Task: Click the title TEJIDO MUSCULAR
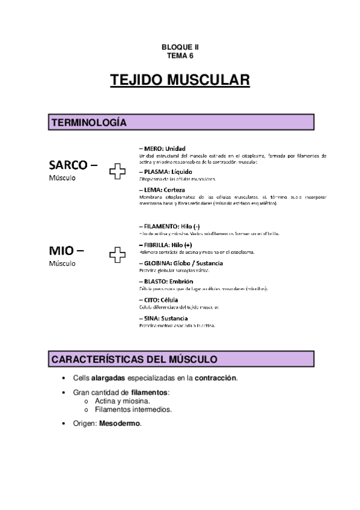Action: click(180, 81)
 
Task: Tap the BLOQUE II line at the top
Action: click(180, 46)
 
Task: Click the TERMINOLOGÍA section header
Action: click(89, 123)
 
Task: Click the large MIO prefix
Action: click(67, 250)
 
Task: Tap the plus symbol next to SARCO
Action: click(117, 172)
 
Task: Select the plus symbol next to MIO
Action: click(117, 257)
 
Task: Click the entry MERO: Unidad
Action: click(162, 149)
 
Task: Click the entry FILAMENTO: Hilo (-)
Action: click(171, 226)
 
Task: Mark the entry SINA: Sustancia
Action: click(163, 318)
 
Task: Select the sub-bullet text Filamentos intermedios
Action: click(133, 410)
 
